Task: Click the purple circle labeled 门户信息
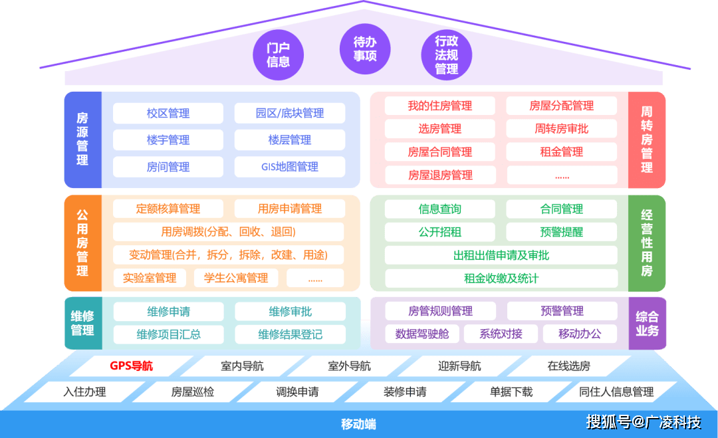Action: pos(279,55)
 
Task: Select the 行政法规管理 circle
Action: pos(447,55)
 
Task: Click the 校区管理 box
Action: pos(168,114)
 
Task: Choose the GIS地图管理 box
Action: pos(290,167)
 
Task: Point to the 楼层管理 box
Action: pos(290,140)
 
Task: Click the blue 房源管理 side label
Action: pos(82,140)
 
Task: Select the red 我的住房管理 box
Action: pos(440,106)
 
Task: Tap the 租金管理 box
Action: pos(562,152)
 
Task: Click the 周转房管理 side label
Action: pos(647,140)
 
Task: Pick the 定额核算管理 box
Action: pos(168,209)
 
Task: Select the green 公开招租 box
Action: pos(440,232)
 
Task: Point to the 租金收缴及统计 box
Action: pos(501,278)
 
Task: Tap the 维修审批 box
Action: pos(290,311)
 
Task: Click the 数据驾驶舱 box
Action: pos(422,334)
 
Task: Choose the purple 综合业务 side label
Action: pos(647,323)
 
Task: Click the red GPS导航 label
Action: pos(131,366)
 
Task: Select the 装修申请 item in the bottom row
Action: pos(405,391)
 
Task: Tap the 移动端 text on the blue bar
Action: pos(359,424)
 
